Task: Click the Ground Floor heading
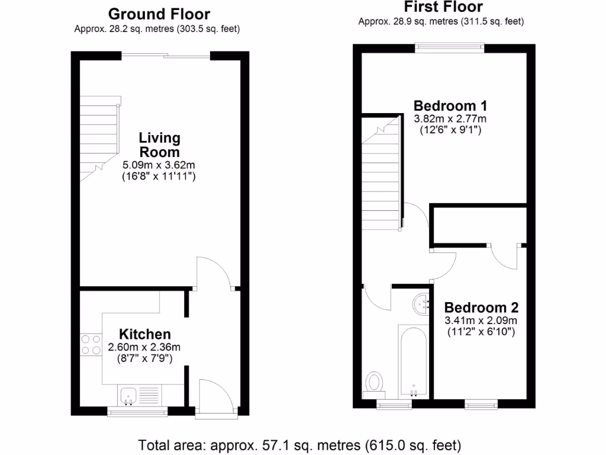pos(159,14)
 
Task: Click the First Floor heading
pos(443,7)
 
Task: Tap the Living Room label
pos(159,145)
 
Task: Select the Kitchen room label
pos(145,334)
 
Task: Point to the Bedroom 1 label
pos(450,106)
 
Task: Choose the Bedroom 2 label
pos(481,308)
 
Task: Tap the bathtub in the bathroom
pos(414,360)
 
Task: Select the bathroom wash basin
pos(423,304)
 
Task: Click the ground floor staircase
pos(99,139)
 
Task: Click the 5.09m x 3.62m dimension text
pos(159,165)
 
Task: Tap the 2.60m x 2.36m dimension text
pos(144,347)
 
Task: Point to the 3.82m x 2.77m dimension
pos(450,119)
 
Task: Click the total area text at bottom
pos(299,444)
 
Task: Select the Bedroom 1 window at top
pos(450,47)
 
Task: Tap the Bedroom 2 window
pos(481,405)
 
